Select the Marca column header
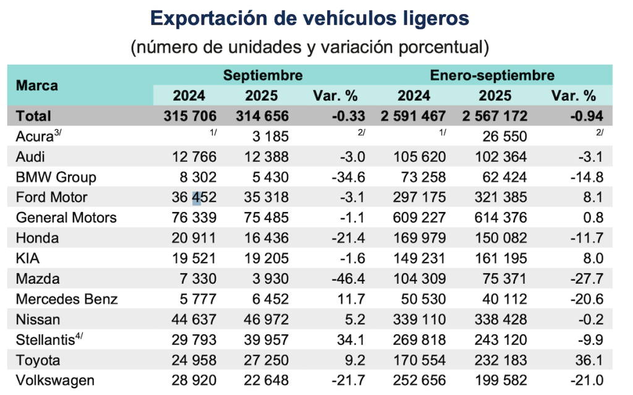pyautogui.click(x=37, y=85)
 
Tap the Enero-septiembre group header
pyautogui.click(x=492, y=76)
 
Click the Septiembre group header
pyautogui.click(x=263, y=76)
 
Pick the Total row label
pyautogui.click(x=33, y=116)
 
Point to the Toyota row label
pyautogui.click(x=38, y=360)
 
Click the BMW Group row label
pyautogui.click(x=56, y=177)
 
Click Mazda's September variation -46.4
pyautogui.click(x=350, y=279)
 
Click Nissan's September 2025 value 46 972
pyautogui.click(x=261, y=320)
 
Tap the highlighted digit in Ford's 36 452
pyautogui.click(x=197, y=198)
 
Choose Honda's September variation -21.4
pyautogui.click(x=350, y=238)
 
